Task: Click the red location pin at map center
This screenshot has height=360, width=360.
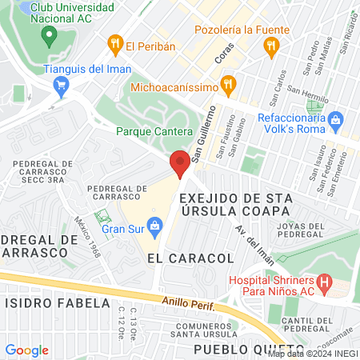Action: click(180, 163)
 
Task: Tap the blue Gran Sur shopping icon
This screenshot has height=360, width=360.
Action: click(154, 227)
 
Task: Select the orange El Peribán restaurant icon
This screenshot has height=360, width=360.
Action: click(115, 44)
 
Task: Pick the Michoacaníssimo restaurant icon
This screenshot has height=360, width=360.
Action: click(229, 82)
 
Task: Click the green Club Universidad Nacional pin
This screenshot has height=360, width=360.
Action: click(49, 35)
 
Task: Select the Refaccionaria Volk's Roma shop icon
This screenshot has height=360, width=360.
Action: click(335, 121)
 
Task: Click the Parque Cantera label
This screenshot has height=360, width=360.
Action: click(154, 130)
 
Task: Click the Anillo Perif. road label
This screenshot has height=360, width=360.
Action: click(188, 302)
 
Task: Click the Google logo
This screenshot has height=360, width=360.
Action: click(27, 350)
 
